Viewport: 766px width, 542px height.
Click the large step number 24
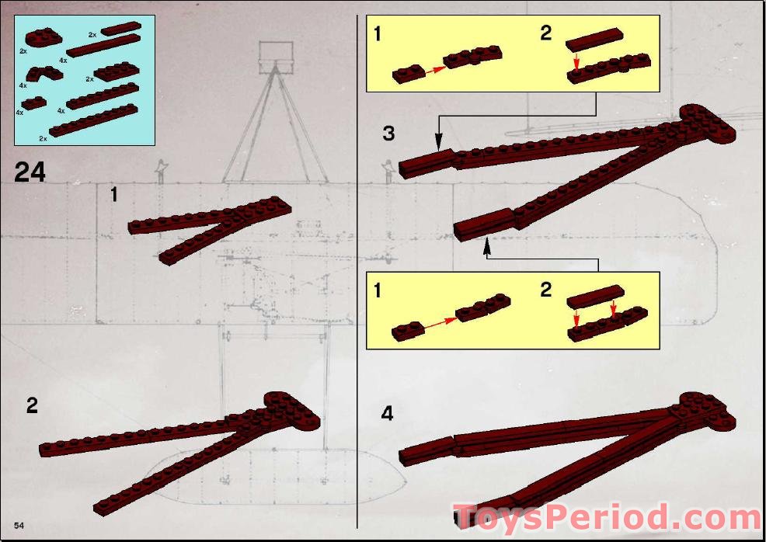click(30, 172)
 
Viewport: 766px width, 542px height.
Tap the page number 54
click(19, 526)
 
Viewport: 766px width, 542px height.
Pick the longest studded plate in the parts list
click(93, 120)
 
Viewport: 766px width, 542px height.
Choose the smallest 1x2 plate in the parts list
click(35, 102)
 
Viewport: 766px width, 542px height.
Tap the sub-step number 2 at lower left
click(32, 405)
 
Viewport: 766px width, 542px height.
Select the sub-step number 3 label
click(388, 134)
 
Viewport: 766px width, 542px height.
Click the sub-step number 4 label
click(387, 414)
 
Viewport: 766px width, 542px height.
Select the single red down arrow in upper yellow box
click(576, 61)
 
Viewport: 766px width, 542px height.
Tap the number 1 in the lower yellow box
click(378, 291)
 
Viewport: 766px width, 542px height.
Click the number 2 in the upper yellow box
click(545, 33)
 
